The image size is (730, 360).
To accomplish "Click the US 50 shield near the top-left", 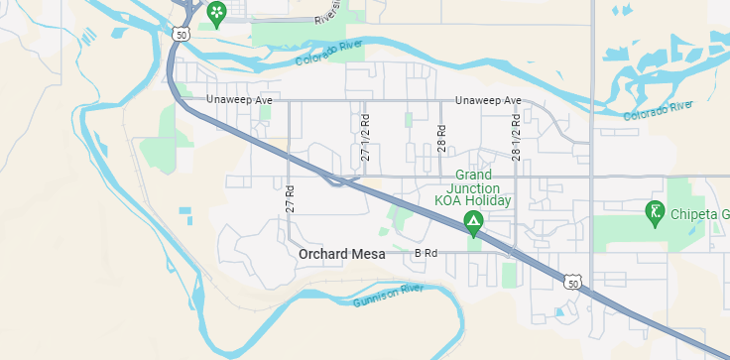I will [x=180, y=34].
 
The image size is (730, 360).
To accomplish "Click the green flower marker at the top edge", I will [x=216, y=12].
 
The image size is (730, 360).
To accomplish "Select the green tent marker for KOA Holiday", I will [x=474, y=222].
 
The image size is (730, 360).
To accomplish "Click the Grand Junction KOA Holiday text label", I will [x=473, y=187].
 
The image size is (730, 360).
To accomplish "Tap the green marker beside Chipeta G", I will [x=655, y=210].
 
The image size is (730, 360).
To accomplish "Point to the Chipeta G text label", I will [x=699, y=214].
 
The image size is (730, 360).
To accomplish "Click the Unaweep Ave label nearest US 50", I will [x=239, y=100].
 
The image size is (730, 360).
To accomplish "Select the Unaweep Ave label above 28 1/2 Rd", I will [x=488, y=100].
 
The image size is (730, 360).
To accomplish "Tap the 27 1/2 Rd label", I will [x=365, y=137].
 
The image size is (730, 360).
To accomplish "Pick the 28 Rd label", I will [x=440, y=137].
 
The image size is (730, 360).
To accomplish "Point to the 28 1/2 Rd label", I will [x=516, y=137].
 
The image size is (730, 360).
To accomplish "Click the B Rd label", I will [x=426, y=254].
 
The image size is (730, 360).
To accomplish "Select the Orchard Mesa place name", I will [x=341, y=254].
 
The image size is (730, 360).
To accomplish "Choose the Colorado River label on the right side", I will [x=659, y=110].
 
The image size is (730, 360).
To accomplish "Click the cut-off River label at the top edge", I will [x=327, y=12].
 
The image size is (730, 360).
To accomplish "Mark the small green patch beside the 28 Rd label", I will [x=409, y=120].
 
